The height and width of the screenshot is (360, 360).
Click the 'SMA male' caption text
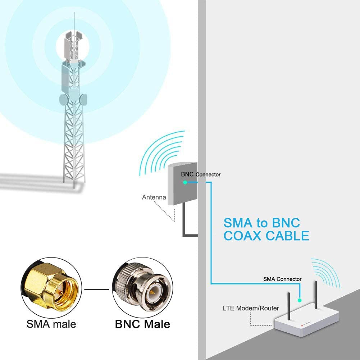click(x=51, y=324)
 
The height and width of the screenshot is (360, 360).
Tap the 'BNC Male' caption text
click(x=142, y=324)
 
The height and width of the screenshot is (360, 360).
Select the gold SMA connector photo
click(x=51, y=287)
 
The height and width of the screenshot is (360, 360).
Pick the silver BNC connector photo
click(x=142, y=287)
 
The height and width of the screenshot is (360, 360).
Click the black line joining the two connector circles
click(x=97, y=289)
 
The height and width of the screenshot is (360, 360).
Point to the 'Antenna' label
click(x=154, y=197)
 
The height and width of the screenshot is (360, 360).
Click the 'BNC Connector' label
click(x=201, y=174)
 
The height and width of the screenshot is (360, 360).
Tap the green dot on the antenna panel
click(x=185, y=182)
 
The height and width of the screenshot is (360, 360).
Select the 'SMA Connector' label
click(x=282, y=279)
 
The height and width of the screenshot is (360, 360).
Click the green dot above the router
click(x=299, y=300)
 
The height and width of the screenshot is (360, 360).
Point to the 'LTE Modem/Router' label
click(x=251, y=308)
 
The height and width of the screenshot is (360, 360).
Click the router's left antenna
click(x=289, y=306)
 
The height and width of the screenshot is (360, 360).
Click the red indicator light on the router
click(x=302, y=326)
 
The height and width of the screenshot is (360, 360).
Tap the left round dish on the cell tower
click(x=64, y=99)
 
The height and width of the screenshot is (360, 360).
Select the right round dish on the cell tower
click(x=83, y=99)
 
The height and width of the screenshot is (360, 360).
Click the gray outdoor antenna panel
click(x=183, y=183)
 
